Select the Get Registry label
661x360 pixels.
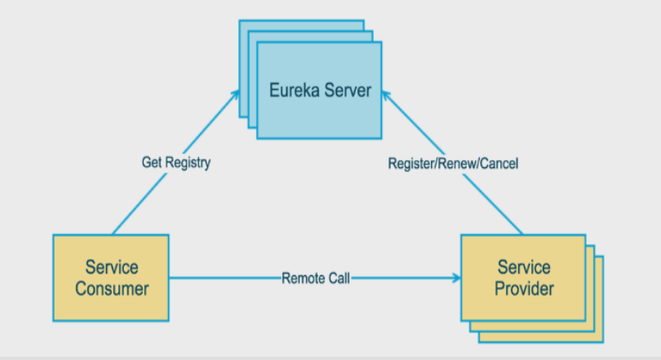click(x=176, y=162)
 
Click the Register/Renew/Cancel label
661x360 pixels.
click(x=453, y=163)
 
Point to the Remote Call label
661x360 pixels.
click(x=316, y=278)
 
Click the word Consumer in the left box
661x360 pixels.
click(x=112, y=289)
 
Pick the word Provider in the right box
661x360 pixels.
click(x=524, y=289)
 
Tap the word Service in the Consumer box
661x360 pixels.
click(x=112, y=267)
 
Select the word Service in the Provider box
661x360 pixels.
click(x=524, y=267)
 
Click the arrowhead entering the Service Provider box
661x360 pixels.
click(x=457, y=278)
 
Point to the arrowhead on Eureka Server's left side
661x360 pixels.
click(x=235, y=95)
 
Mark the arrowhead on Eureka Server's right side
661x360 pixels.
click(x=386, y=96)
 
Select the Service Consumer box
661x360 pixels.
click(x=111, y=278)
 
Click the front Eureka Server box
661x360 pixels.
click(x=319, y=91)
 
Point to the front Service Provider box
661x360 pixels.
click(x=523, y=278)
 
